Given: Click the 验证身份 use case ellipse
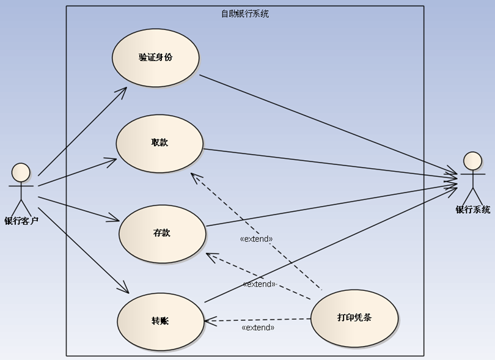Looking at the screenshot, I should click(x=156, y=57).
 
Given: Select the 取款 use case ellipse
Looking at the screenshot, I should click(x=159, y=143).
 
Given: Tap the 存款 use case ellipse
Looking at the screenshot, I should click(x=162, y=233).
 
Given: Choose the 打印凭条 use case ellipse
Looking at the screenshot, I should click(x=354, y=318).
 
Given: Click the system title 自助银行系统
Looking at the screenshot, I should click(x=244, y=13).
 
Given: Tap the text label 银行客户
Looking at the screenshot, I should click(x=21, y=221).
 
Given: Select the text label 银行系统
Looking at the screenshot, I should click(x=472, y=210).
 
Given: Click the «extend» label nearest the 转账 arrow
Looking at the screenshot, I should click(x=258, y=328).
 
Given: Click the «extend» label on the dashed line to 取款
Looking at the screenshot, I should click(x=256, y=239).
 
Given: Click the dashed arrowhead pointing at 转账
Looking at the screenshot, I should click(x=208, y=320).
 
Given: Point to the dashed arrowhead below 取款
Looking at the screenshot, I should click(x=193, y=176).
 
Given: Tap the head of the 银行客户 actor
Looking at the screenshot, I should click(x=21, y=172).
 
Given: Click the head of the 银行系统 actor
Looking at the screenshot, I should click(x=472, y=161).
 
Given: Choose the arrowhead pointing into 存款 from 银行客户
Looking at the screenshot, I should click(x=115, y=219).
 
